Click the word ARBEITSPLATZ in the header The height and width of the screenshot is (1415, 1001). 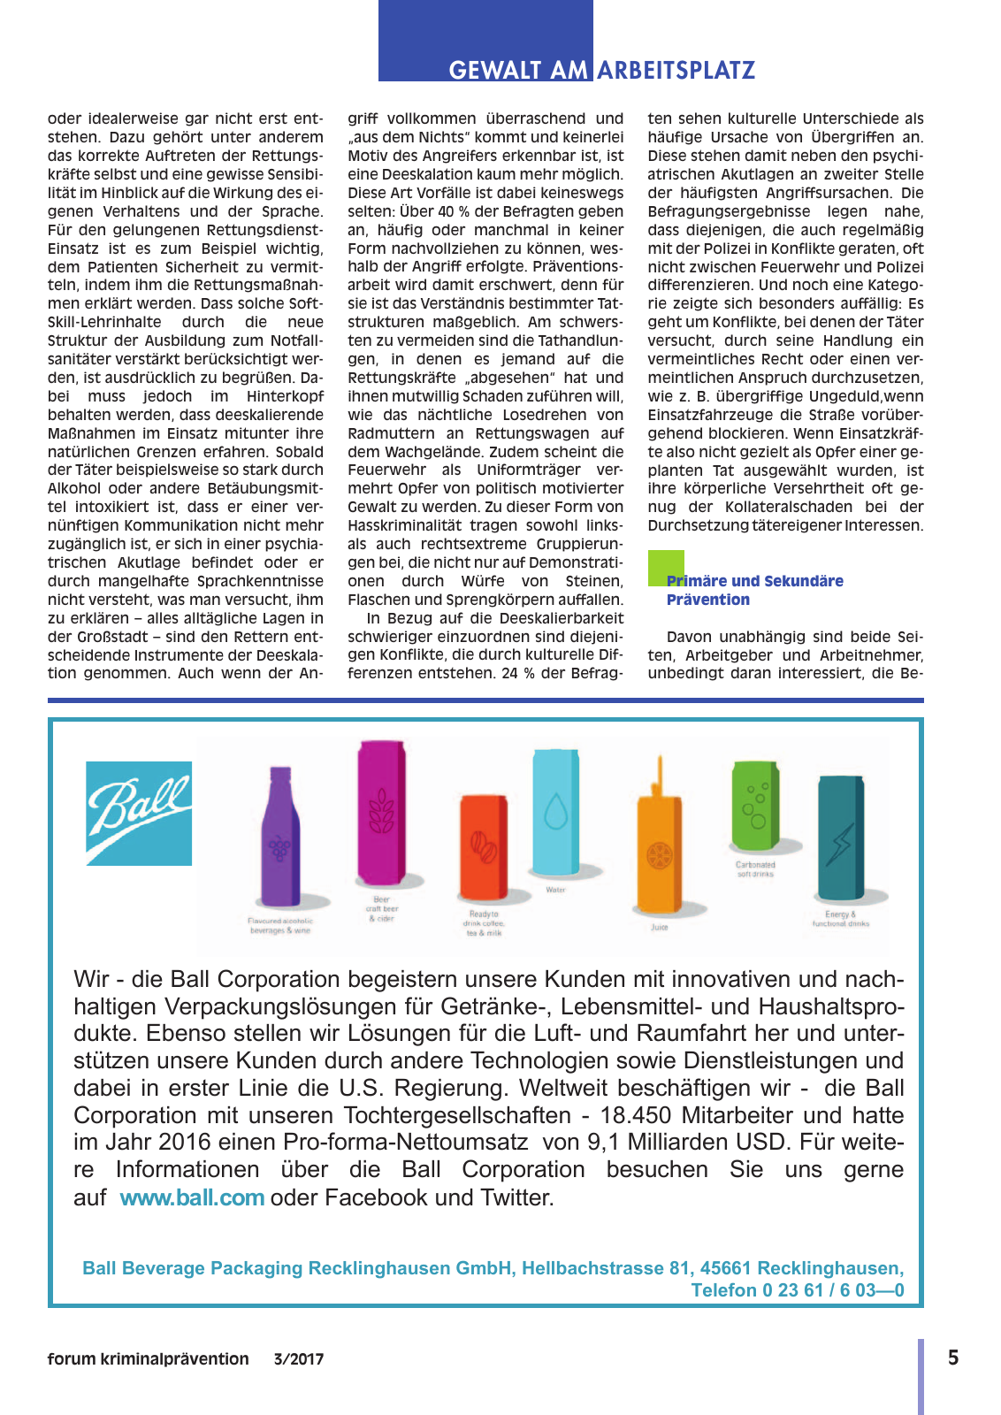(676, 71)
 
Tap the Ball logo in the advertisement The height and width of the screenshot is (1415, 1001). (139, 813)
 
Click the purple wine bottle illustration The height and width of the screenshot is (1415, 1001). (279, 837)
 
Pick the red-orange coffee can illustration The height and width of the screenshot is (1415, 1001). (483, 846)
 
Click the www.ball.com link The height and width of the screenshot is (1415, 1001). (192, 1197)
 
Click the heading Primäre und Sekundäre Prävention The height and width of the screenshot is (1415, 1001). (754, 590)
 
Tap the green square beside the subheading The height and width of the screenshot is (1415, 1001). (666, 568)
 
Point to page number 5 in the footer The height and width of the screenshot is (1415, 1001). (952, 1358)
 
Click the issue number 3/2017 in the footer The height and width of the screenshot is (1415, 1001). (299, 1359)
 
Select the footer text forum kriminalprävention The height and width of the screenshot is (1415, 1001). (148, 1359)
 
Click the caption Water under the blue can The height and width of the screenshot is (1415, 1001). (555, 890)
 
